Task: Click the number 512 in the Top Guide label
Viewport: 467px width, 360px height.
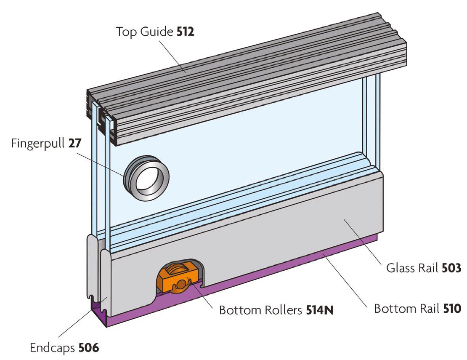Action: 186,32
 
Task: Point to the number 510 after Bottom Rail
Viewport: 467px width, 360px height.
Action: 452,309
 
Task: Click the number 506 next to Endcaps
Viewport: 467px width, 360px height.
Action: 88,348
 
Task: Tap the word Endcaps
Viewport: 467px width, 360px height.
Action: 52,349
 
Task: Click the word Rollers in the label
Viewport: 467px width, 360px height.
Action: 280,311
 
